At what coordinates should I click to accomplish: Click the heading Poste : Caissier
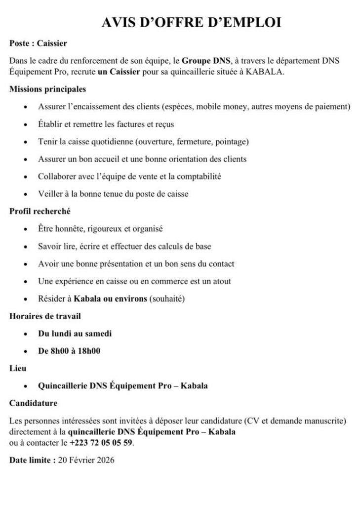click(x=38, y=43)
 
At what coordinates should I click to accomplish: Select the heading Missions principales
click(x=47, y=89)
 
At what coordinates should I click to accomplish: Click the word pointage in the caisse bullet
click(x=231, y=142)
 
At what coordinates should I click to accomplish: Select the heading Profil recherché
click(x=40, y=211)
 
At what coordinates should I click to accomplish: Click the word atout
click(x=221, y=281)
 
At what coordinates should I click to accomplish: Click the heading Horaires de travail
click(x=45, y=316)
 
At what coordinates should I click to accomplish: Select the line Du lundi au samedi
click(x=75, y=334)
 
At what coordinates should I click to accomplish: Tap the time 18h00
click(x=89, y=351)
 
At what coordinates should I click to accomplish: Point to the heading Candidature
click(x=33, y=403)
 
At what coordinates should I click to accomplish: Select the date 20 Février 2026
click(x=86, y=460)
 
